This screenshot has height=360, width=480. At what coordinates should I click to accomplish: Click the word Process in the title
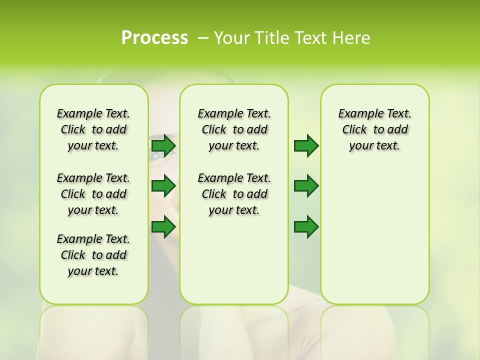point(154,38)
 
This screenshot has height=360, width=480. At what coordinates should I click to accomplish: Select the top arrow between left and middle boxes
point(163,145)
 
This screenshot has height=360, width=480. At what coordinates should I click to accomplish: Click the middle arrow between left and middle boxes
point(163,186)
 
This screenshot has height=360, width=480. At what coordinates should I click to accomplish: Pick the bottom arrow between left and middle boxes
point(163,227)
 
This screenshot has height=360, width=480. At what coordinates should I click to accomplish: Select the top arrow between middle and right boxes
point(306,145)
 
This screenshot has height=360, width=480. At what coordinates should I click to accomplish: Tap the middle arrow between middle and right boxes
point(306,186)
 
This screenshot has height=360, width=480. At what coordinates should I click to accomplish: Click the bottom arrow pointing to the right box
point(306,227)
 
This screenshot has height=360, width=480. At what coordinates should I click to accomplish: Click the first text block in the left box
point(93,129)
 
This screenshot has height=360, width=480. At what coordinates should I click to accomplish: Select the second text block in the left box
point(93,194)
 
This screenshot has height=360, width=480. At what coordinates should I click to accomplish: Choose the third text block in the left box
point(93,255)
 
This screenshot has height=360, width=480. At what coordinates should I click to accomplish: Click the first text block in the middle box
point(234,129)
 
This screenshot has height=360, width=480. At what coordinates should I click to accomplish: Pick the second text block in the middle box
point(234,194)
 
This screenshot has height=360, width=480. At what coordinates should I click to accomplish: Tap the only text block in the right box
point(374,129)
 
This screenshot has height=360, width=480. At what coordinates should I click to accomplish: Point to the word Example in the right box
point(357,114)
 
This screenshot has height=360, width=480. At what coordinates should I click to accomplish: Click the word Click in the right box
point(354,130)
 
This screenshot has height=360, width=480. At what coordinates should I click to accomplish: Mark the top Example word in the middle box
point(216,114)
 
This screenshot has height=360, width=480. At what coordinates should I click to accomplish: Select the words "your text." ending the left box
point(93,271)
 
